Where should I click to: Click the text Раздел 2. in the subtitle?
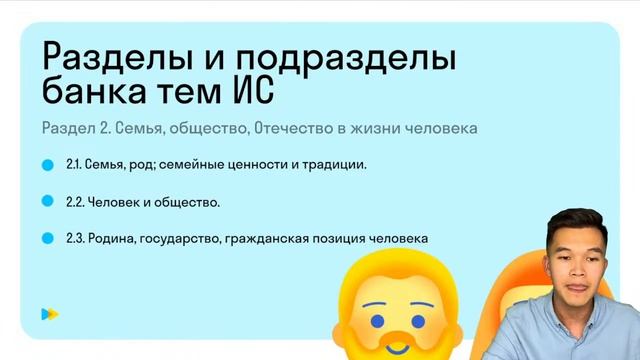(x=74, y=128)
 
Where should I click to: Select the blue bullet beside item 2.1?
(x=46, y=164)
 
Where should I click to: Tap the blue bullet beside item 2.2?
(x=46, y=201)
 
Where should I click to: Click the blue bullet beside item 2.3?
(x=46, y=238)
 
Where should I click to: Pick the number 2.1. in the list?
(x=77, y=165)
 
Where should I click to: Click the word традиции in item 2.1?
(x=335, y=165)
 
